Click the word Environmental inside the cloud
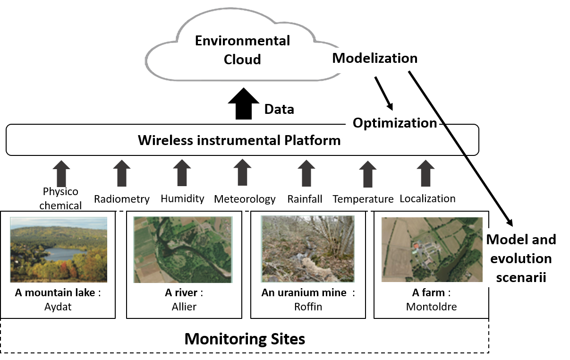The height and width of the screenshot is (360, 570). coord(242,41)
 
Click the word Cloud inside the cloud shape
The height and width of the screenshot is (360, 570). coord(242,60)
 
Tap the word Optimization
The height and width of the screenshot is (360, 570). coord(395,123)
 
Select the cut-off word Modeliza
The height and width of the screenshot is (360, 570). coord(362,58)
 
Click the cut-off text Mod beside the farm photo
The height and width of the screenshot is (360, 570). coord(499,240)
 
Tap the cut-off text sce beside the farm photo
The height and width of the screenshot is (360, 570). coord(504,277)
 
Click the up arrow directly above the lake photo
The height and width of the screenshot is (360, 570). coord(61,173)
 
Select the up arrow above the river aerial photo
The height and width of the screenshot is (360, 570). coord(182,172)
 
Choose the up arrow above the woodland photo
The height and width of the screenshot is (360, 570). coord(306,173)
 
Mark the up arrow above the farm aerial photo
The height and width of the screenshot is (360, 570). coord(425,173)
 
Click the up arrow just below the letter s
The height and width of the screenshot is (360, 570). coord(368,174)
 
